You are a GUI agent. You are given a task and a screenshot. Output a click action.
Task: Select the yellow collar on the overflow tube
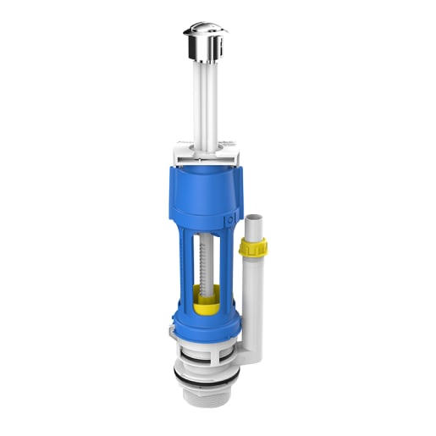pyautogui.click(x=252, y=247)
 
